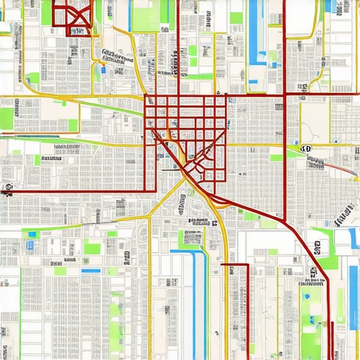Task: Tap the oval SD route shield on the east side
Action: (x=306, y=149)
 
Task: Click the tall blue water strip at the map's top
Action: (x=254, y=32)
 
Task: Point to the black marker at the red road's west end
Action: (x=8, y=188)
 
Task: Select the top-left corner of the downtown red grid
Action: (x=146, y=96)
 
